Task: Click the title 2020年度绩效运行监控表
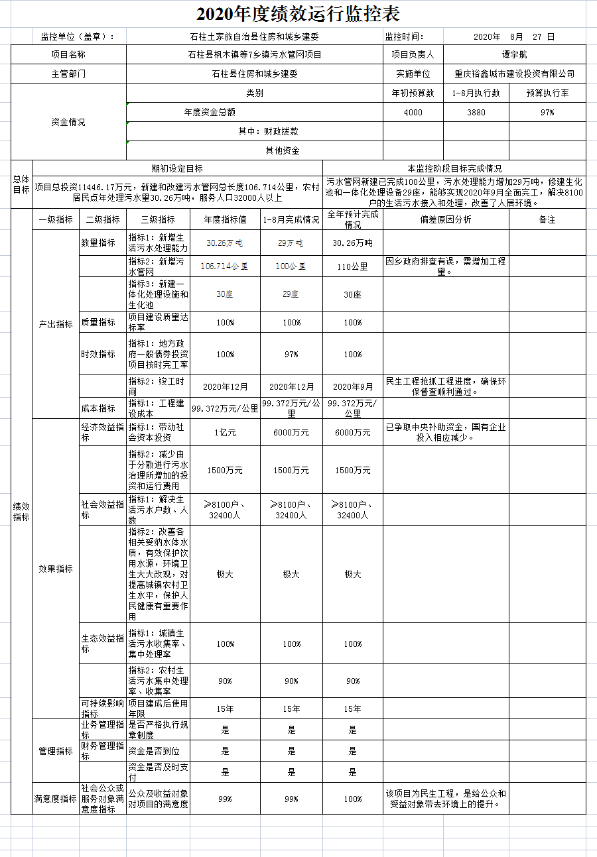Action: [x=298, y=13]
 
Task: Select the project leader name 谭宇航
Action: [x=514, y=55]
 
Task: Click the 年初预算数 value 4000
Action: [x=413, y=113]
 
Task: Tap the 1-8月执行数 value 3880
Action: [x=476, y=113]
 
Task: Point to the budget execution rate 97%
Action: [x=547, y=113]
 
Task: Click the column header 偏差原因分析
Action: [x=446, y=219]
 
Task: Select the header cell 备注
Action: [x=547, y=219]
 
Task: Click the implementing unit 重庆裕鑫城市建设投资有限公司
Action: [x=514, y=74]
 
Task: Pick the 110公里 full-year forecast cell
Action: [x=353, y=266]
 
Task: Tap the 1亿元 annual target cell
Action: [x=225, y=433]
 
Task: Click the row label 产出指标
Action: [x=56, y=324]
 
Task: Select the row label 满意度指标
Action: [x=56, y=799]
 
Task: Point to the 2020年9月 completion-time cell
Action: [x=353, y=386]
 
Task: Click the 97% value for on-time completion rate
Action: [x=291, y=355]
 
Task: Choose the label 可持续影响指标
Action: [x=102, y=709]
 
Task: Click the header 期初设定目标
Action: [x=177, y=168]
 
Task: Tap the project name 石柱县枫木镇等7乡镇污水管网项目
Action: [x=254, y=55]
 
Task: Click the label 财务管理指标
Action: [x=102, y=751]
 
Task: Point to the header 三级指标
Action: [x=158, y=219]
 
